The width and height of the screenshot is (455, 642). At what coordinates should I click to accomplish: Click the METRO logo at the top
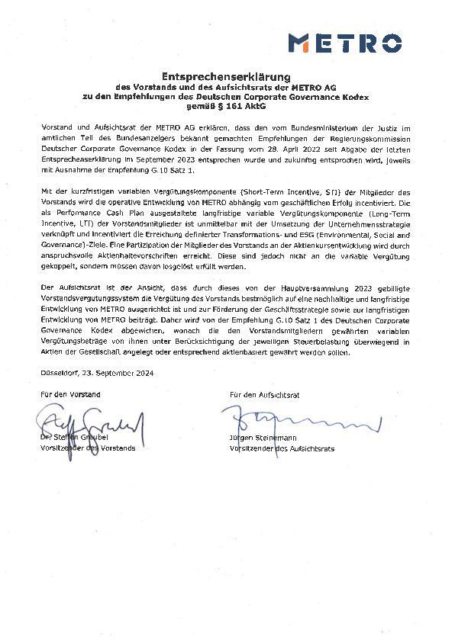tap(344, 43)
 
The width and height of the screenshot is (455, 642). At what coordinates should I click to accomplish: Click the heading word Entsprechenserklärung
tap(227, 77)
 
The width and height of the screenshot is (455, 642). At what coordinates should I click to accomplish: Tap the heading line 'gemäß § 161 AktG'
tap(227, 105)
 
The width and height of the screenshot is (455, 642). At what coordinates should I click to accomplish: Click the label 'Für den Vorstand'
tap(70, 395)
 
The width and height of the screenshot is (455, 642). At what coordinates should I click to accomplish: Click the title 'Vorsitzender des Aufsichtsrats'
tap(282, 448)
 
